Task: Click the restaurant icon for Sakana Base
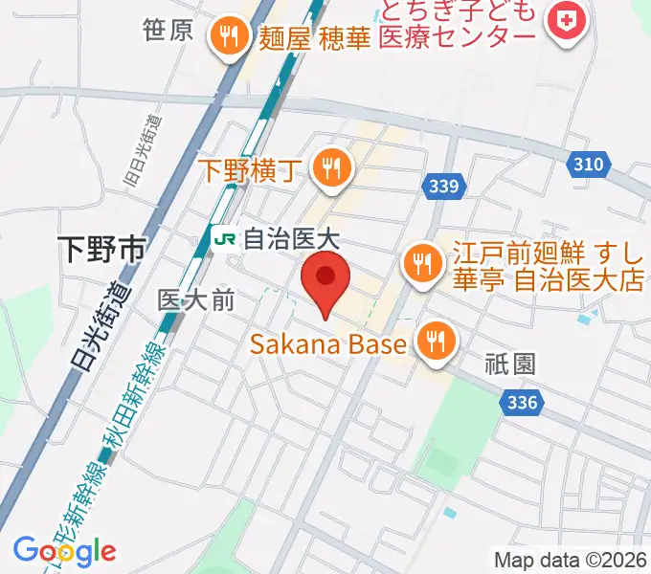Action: pyautogui.click(x=436, y=341)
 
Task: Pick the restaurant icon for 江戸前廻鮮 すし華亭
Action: pyautogui.click(x=421, y=263)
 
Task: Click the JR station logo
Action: pyautogui.click(x=225, y=236)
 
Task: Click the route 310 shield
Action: pyautogui.click(x=589, y=165)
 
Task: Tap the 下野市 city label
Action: pyautogui.click(x=101, y=251)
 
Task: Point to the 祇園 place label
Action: pyautogui.click(x=509, y=364)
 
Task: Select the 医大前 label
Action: pyautogui.click(x=195, y=299)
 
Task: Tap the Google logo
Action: pyautogui.click(x=64, y=551)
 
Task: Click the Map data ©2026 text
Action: pyautogui.click(x=571, y=560)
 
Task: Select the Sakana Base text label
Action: pyautogui.click(x=329, y=343)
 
